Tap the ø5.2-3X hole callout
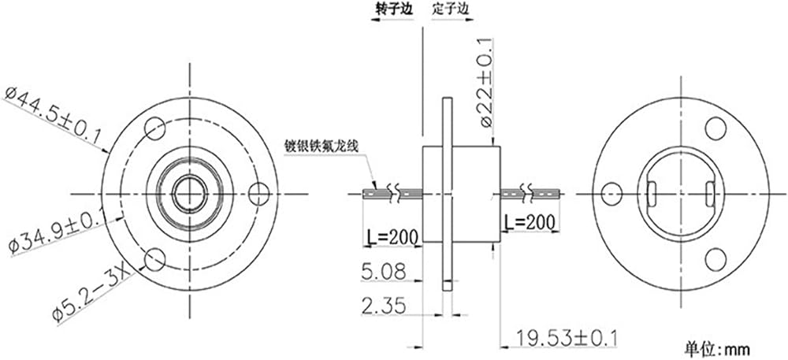(x=92, y=294)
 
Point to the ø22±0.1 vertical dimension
(x=486, y=83)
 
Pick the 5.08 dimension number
(x=383, y=272)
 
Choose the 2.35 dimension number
(x=383, y=305)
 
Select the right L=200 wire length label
(x=530, y=222)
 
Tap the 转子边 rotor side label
(x=395, y=9)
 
